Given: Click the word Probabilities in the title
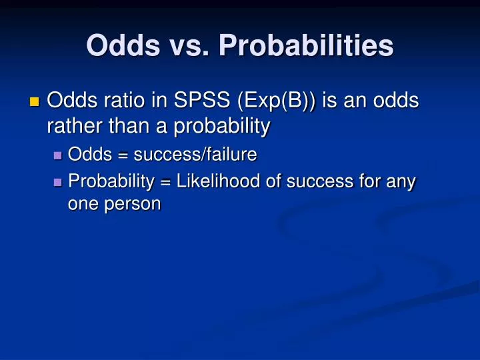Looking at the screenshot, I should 307,46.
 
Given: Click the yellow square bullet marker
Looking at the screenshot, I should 35,102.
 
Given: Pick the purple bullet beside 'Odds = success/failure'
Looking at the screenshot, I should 57,155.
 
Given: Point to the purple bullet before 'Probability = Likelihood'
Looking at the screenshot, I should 57,181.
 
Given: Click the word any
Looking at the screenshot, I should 402,181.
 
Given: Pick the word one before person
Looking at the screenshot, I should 81,205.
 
